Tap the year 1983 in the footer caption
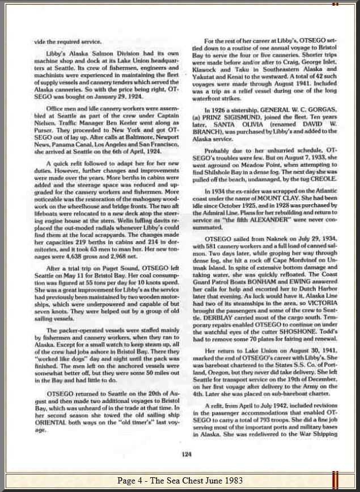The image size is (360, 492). pos(232,481)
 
